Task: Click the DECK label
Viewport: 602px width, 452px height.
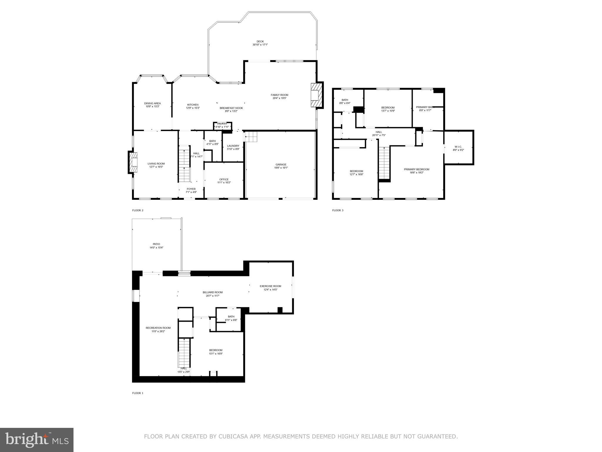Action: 260,41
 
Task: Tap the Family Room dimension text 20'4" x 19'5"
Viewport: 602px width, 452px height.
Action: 279,98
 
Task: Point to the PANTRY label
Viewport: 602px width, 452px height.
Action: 222,124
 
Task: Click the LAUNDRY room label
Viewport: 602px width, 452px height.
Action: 233,146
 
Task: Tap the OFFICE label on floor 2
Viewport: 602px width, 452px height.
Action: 224,180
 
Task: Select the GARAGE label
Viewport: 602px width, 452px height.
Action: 281,164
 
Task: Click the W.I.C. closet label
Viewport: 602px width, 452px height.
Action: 458,147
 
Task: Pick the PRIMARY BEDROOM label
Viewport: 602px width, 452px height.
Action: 416,169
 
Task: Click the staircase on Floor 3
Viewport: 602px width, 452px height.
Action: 384,163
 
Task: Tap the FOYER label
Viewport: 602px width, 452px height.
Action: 191,189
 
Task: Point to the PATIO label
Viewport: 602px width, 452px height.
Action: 156,244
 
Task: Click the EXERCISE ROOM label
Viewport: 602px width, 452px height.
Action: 270,286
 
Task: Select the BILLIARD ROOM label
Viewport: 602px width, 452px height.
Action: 213,292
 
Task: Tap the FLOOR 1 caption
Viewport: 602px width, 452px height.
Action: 138,393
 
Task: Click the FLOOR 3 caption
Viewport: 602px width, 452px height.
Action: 338,210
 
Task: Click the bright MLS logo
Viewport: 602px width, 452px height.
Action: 37,440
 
